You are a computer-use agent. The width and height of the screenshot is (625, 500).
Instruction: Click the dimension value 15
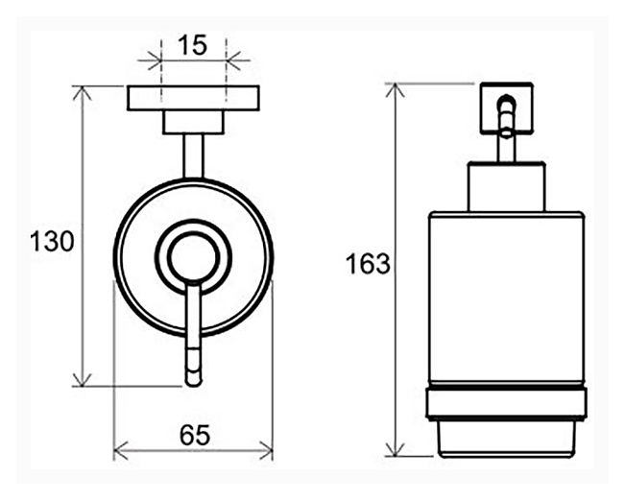(x=193, y=44)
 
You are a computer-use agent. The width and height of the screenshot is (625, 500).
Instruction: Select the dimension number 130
(x=52, y=242)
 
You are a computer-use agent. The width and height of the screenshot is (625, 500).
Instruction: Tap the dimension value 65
(x=195, y=435)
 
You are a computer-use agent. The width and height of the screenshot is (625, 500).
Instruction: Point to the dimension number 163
(x=368, y=264)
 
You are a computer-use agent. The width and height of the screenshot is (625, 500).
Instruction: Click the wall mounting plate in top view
(x=193, y=98)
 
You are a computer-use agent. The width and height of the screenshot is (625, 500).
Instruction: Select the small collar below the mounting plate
(x=193, y=122)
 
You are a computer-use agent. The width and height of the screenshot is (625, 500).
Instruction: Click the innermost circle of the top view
(x=193, y=257)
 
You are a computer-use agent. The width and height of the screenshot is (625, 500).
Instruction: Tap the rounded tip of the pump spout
(x=193, y=381)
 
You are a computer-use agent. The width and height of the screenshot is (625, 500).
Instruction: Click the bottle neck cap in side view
(x=506, y=186)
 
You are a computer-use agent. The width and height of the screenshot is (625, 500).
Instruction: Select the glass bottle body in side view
(x=506, y=298)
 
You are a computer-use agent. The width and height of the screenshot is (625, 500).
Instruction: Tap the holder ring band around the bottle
(x=506, y=403)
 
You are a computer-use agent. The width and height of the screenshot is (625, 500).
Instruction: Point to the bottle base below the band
(x=506, y=439)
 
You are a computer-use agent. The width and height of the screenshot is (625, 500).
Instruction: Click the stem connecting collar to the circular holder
(x=193, y=156)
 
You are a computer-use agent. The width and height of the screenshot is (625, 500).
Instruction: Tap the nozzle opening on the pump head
(x=507, y=99)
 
